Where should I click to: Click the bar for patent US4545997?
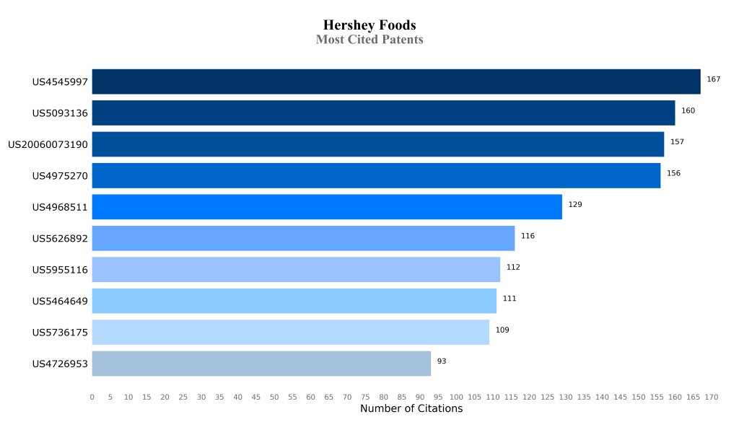tap(395, 82)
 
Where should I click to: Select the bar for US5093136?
tap(383, 113)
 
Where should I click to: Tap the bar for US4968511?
tap(327, 207)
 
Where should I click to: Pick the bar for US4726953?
tap(261, 364)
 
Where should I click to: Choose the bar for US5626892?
tap(303, 238)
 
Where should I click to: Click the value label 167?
tap(714, 79)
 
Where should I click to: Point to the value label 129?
tap(575, 205)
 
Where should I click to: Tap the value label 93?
tap(442, 361)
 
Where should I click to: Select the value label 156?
tap(673, 173)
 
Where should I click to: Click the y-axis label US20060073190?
tap(48, 144)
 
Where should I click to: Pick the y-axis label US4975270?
tap(60, 176)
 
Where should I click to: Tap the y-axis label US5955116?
tap(60, 270)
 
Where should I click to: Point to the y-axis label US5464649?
tap(60, 302)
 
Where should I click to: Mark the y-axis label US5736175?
tap(60, 333)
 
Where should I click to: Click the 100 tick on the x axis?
tap(457, 397)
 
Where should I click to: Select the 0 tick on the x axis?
tap(92, 397)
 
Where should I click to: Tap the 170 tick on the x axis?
tap(712, 397)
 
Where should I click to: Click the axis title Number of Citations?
tap(411, 409)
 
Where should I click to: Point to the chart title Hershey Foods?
tap(369, 26)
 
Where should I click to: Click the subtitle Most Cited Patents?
tap(369, 40)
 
